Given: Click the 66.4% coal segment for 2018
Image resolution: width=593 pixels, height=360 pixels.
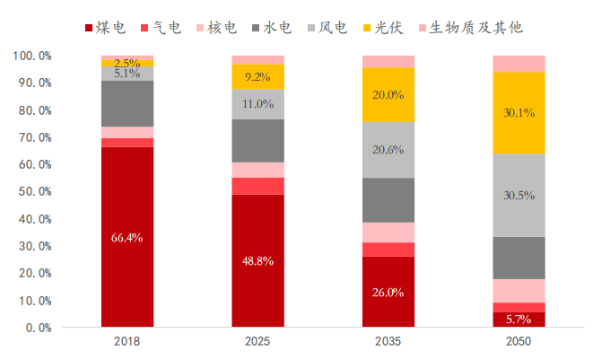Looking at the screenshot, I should tap(126, 237).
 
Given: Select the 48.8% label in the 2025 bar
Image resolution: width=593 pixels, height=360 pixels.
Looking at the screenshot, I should tap(257, 260).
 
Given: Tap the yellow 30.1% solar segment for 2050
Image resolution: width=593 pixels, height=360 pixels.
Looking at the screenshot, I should tap(519, 112).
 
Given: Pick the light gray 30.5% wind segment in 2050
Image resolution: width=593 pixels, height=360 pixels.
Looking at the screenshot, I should tap(519, 195).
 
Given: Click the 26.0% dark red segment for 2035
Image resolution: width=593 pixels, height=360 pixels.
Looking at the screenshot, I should tap(388, 292).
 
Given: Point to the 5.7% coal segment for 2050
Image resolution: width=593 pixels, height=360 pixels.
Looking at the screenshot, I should tap(519, 319).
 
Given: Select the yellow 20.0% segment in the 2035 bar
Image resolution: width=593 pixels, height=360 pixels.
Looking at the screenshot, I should tap(388, 94).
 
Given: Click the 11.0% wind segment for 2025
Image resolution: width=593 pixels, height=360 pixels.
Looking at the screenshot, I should tap(257, 103).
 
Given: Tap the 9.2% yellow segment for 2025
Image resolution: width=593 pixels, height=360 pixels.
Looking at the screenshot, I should tap(257, 76).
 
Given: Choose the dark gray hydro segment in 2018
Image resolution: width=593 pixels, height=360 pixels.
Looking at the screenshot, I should tap(126, 103).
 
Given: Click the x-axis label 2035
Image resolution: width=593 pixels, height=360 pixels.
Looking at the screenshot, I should tap(388, 342).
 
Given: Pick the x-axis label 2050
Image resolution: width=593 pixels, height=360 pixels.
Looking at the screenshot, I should tap(519, 342).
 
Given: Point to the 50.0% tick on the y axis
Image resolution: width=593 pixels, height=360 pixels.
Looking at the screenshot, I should tap(32, 191).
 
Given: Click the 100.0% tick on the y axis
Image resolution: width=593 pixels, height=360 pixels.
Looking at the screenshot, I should tap(31, 55).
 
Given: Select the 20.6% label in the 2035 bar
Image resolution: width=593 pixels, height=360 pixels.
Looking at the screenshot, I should tap(388, 149).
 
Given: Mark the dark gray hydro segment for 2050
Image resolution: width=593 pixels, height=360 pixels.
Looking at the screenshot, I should tap(519, 258).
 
